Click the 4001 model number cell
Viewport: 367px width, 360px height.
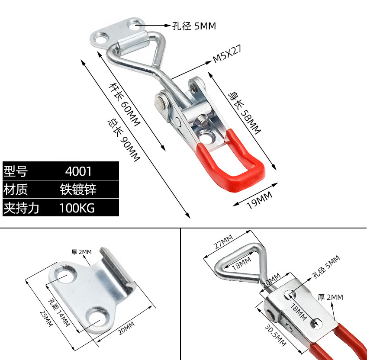(79, 171)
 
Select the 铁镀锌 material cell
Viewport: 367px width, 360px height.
(79, 190)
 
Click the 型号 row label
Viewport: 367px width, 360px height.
(16, 171)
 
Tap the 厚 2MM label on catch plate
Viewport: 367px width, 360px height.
(82, 251)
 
